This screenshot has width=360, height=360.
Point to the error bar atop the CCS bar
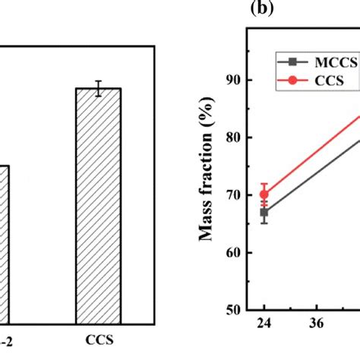[98, 88]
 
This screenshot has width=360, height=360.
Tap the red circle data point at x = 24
[264, 194]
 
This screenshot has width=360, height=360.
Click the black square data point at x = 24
[264, 213]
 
